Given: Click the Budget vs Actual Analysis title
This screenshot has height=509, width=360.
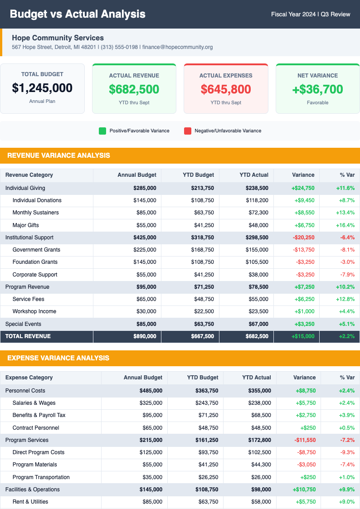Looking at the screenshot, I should pyautogui.click(x=78, y=14).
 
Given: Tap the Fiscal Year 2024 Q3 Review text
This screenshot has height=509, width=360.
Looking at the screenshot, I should pyautogui.click(x=311, y=14).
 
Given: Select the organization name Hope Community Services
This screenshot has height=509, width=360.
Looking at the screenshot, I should pyautogui.click(x=58, y=38).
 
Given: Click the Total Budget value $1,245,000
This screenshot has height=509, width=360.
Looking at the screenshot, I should pyautogui.click(x=42, y=88).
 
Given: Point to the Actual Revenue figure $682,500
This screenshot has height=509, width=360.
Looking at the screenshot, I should pyautogui.click(x=134, y=89).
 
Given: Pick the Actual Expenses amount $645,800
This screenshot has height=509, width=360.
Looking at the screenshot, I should pyautogui.click(x=226, y=89).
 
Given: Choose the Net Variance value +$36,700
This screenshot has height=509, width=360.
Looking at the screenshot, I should pyautogui.click(x=317, y=89).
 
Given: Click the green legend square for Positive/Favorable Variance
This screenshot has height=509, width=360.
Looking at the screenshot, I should pyautogui.click(x=102, y=131).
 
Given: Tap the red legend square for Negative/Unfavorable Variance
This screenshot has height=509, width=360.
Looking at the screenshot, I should pyautogui.click(x=187, y=131).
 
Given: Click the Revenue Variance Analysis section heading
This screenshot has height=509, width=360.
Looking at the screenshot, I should pyautogui.click(x=58, y=155).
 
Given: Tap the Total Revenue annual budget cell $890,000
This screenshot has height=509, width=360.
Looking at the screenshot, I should pyautogui.click(x=145, y=336).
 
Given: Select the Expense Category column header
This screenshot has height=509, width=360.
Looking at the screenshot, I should pyautogui.click(x=29, y=378).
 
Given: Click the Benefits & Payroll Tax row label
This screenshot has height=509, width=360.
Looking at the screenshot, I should pyautogui.click(x=39, y=415).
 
